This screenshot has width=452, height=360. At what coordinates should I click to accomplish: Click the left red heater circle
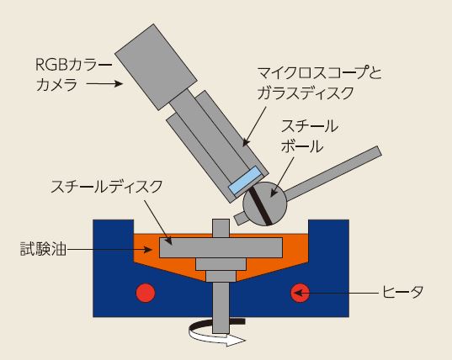(x=146, y=293)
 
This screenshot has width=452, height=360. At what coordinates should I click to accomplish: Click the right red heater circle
(x=300, y=293)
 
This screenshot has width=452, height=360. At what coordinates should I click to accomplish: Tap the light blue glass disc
(x=245, y=181)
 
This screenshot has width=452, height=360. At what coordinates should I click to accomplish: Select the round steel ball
(x=265, y=204)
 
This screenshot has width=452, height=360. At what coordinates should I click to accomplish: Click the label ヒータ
(x=402, y=292)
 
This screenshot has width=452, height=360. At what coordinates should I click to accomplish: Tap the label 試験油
(x=44, y=249)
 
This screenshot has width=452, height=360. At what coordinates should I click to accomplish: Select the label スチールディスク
(x=107, y=187)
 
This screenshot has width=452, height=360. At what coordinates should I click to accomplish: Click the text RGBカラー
(x=73, y=65)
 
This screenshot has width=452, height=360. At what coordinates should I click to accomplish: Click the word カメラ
(x=56, y=85)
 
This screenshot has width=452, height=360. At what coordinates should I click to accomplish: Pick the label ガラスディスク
(x=306, y=93)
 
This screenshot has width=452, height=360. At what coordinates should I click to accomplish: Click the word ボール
(x=302, y=146)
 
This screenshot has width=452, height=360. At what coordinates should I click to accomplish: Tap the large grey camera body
(x=156, y=67)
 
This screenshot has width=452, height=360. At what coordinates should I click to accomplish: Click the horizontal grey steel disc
(x=221, y=247)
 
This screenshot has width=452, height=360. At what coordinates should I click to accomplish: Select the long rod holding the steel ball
(x=333, y=173)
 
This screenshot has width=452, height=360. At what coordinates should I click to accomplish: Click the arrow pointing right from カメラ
(x=104, y=84)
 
